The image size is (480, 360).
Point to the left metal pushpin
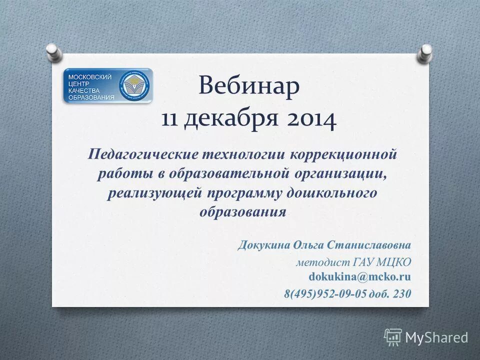pyautogui.click(x=53, y=51)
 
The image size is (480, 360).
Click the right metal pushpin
pyautogui.click(x=425, y=52)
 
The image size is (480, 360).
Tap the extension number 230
pyautogui.click(x=402, y=293)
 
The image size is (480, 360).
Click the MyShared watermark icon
pyautogui.click(x=393, y=337)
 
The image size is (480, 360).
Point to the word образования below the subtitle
pyautogui.click(x=243, y=212)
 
